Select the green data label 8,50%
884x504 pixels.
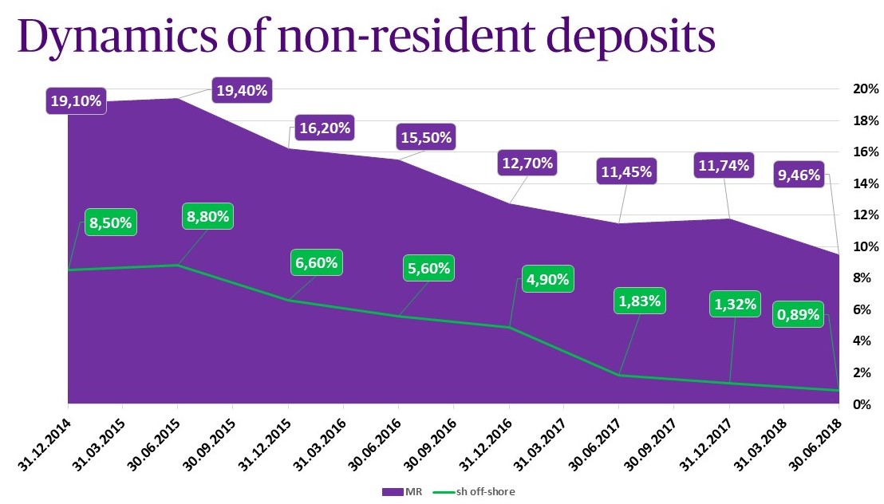112,222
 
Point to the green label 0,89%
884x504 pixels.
797,314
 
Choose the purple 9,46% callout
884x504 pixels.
798,175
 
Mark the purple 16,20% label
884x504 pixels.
324,128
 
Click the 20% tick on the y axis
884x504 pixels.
865,89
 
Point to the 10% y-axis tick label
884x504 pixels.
865,246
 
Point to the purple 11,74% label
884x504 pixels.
723,165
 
